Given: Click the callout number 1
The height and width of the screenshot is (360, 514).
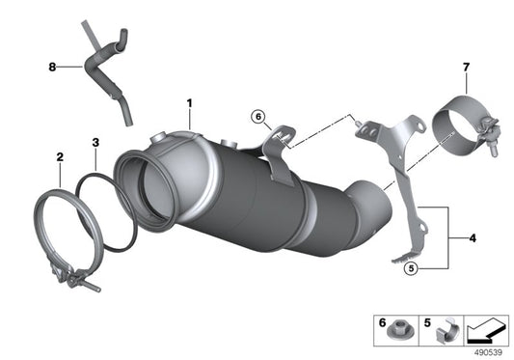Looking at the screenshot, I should tap(190, 102).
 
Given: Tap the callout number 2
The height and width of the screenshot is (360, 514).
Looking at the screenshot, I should tap(60, 155).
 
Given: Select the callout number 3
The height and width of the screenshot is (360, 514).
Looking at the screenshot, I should tap(95, 144).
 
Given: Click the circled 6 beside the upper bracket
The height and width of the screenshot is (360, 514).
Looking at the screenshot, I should tap(258, 117).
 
